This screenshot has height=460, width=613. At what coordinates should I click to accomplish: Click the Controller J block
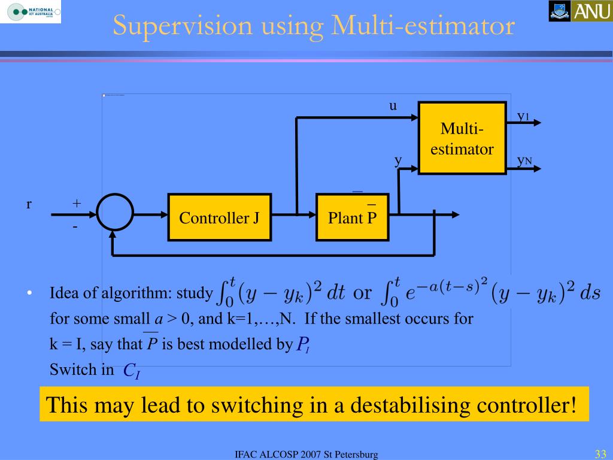(x=219, y=217)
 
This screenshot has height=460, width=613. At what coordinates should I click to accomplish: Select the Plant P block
(x=352, y=217)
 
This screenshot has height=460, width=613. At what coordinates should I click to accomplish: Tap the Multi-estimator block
(x=462, y=138)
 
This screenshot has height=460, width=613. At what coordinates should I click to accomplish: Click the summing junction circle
(x=115, y=213)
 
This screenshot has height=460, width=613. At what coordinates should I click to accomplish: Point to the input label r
(x=29, y=204)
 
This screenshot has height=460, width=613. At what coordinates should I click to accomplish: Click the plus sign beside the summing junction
(x=77, y=203)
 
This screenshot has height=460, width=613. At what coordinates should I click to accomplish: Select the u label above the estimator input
(x=393, y=106)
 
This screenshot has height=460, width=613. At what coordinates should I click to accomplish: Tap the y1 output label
(x=523, y=116)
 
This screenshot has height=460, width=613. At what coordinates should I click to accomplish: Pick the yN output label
(x=524, y=161)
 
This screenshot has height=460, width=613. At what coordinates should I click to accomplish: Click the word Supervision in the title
(x=172, y=27)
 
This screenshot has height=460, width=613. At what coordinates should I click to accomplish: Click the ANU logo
(x=579, y=11)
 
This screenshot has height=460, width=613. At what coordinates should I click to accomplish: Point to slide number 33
(x=600, y=453)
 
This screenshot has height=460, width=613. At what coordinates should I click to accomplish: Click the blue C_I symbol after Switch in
(x=131, y=371)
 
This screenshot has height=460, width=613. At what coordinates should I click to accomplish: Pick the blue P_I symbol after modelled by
(x=303, y=344)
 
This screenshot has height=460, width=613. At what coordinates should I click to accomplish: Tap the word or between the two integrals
(x=363, y=293)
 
